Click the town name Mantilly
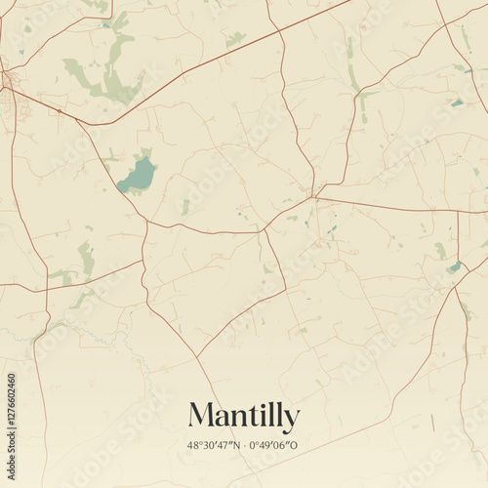pyautogui.click(x=244, y=417)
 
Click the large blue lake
pyautogui.click(x=138, y=177)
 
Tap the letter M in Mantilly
pyautogui.click(x=202, y=416)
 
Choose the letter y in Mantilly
pyautogui.click(x=291, y=420)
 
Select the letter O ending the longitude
pyautogui.click(x=294, y=446)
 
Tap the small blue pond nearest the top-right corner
pyautogui.click(x=457, y=102)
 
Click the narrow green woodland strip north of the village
pyautogui.click(x=352, y=68)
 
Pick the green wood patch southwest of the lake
pyautogui.click(x=87, y=260)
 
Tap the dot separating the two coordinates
pyautogui.click(x=244, y=446)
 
